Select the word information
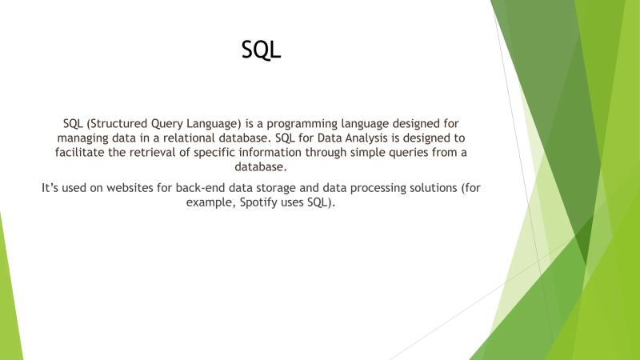(298, 153)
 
